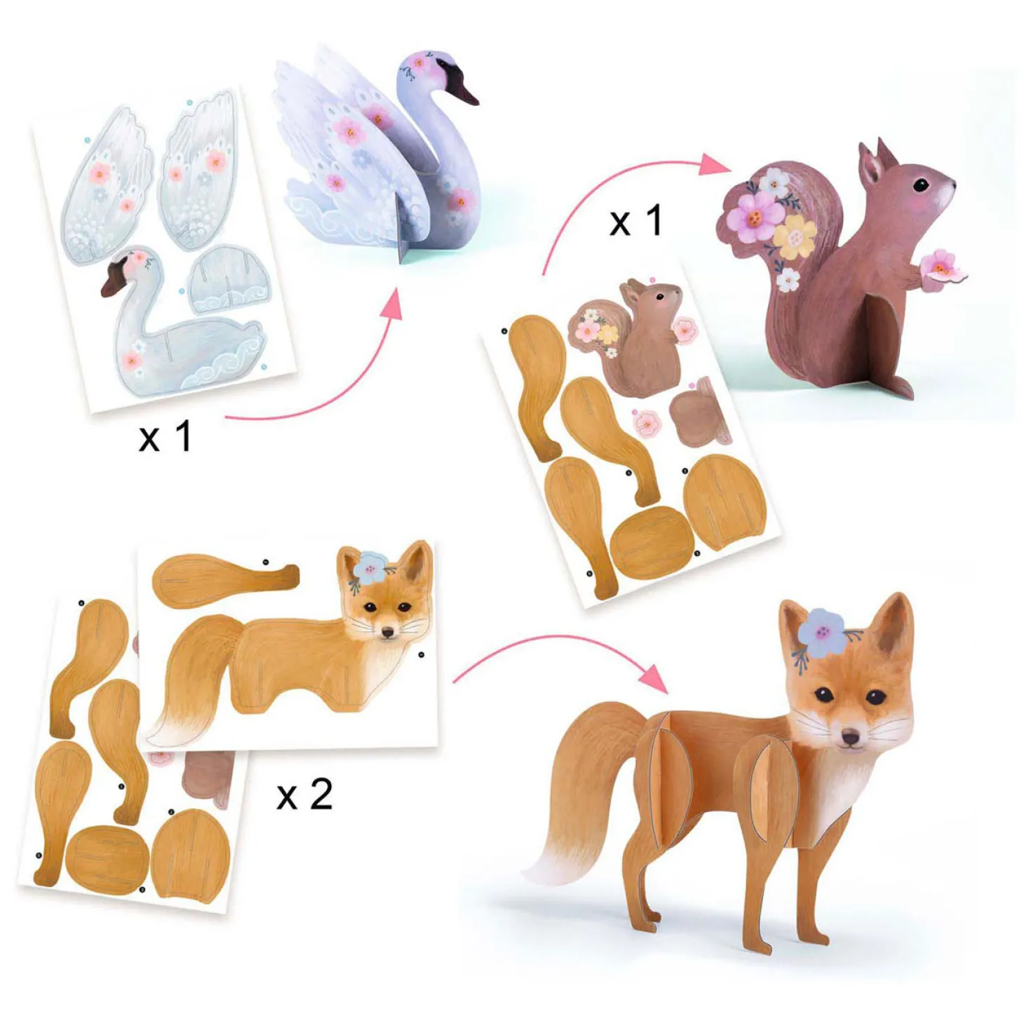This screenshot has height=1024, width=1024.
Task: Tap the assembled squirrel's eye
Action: coord(920,185)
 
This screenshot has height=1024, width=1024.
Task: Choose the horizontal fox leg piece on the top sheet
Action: coord(225,580)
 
